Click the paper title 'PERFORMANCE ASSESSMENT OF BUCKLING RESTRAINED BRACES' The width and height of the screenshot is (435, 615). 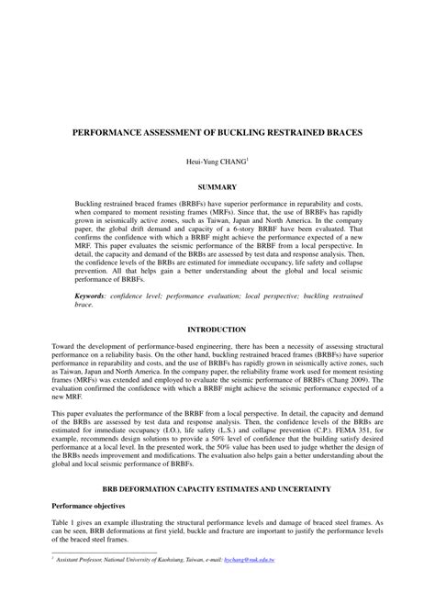(x=217, y=133)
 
